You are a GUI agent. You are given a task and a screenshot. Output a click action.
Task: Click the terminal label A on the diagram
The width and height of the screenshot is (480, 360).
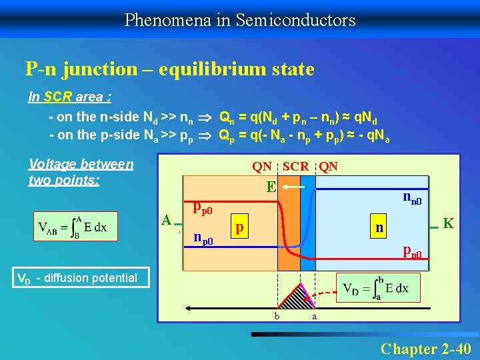coord(167,219)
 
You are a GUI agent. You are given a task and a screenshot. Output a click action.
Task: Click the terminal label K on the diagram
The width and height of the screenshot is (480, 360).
coord(449,224)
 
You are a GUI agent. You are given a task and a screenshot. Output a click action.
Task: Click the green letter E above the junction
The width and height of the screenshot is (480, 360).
coord(270,188)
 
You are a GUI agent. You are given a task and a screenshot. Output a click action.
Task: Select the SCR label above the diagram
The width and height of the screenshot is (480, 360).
coord(296,166)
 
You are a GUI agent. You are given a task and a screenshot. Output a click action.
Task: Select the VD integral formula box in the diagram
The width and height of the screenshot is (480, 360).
coord(373,289)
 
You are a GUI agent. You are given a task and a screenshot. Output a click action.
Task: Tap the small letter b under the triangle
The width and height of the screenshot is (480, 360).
coord(277,316)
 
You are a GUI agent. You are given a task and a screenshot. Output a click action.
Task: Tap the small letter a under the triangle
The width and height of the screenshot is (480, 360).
coord(314,316)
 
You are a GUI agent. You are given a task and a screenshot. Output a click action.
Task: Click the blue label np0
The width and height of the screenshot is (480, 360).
coord(203,237)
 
